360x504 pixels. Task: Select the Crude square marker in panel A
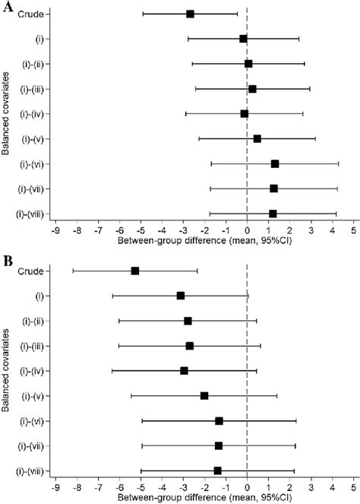[x=190, y=14]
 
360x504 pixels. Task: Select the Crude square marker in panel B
[x=135, y=271]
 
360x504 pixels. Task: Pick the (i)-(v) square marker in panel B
[x=204, y=395]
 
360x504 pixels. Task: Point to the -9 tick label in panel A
[x=55, y=229]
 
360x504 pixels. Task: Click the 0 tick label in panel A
[x=247, y=229]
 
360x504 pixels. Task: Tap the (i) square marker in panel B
[x=181, y=296]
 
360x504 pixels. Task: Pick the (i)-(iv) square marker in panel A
[x=244, y=113]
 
